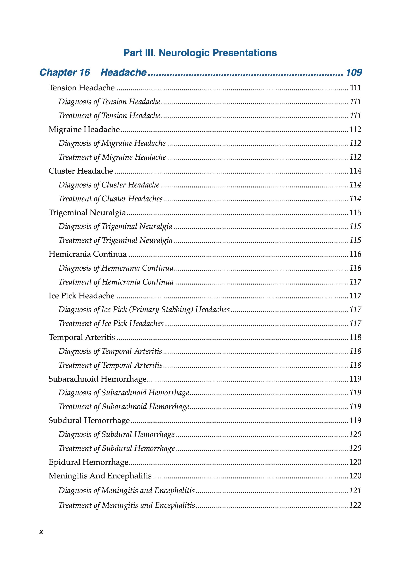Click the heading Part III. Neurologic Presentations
200,53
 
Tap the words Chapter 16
65,73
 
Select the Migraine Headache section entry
84,129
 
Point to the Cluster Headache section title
81,171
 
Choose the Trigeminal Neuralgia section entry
87,213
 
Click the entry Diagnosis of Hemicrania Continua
116,268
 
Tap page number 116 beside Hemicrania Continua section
355,254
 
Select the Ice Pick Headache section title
81,295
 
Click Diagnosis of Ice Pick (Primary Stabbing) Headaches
144,309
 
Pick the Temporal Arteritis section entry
82,337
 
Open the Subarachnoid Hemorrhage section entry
98,379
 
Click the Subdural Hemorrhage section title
89,420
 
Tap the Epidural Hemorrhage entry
88,462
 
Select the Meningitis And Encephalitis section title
100,476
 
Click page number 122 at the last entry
355,505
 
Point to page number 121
355,491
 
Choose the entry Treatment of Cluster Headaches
111,199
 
